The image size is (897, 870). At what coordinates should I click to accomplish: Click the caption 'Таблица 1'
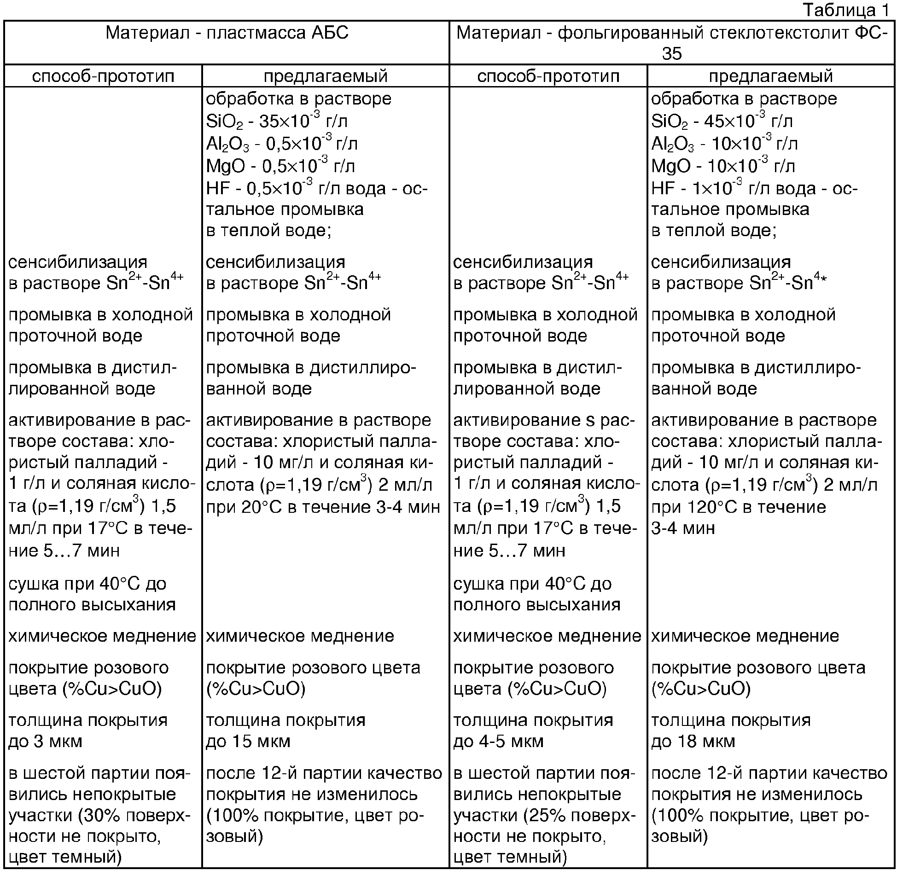[846, 10]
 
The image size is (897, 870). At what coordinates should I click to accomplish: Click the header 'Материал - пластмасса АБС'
[227, 33]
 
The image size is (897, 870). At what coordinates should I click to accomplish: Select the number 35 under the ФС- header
[672, 54]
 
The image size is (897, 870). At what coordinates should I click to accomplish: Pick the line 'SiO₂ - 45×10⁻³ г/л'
[722, 121]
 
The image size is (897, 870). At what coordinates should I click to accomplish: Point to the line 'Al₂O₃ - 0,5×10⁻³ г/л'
[282, 144]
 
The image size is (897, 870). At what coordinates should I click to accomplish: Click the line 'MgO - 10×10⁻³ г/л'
[723, 166]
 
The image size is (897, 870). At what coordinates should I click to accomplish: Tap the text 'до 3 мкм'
[45, 741]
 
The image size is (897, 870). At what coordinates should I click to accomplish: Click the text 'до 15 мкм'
[248, 741]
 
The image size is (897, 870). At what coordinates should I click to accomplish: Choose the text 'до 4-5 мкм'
[498, 741]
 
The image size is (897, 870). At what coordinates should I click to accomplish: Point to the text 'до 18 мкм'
[693, 741]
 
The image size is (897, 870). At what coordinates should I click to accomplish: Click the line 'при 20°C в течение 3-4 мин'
[322, 506]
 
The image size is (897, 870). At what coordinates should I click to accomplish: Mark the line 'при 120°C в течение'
[738, 506]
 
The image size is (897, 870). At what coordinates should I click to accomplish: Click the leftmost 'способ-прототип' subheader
[103, 76]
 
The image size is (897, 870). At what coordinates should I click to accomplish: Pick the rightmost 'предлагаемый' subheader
[771, 76]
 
